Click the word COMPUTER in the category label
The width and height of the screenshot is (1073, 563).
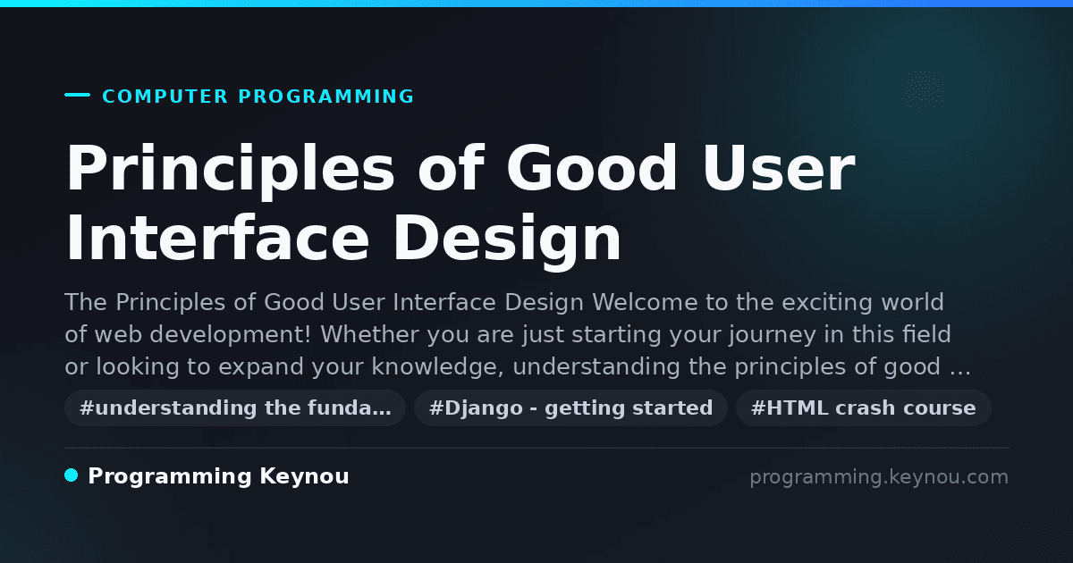click(x=165, y=97)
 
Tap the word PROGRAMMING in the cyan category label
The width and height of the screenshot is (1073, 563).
click(x=326, y=97)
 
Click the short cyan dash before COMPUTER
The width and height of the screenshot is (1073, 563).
click(x=77, y=95)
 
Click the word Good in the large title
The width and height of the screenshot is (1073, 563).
click(x=592, y=168)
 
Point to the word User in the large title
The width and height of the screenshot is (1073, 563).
click(x=779, y=168)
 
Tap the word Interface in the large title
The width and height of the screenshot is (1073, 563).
click(x=218, y=238)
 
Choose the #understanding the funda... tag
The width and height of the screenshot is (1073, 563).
click(x=235, y=408)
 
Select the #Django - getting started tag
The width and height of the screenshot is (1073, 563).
click(x=570, y=408)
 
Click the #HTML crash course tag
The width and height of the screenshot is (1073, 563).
click(x=863, y=408)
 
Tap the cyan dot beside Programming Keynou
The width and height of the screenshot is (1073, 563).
click(x=72, y=475)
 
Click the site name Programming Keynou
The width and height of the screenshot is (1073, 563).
click(x=218, y=476)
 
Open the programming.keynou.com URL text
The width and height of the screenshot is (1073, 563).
click(x=879, y=477)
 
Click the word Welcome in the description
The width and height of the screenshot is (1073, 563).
click(x=645, y=303)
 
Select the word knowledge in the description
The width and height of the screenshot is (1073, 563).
click(x=438, y=367)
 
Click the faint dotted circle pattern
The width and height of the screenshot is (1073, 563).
click(x=924, y=89)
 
